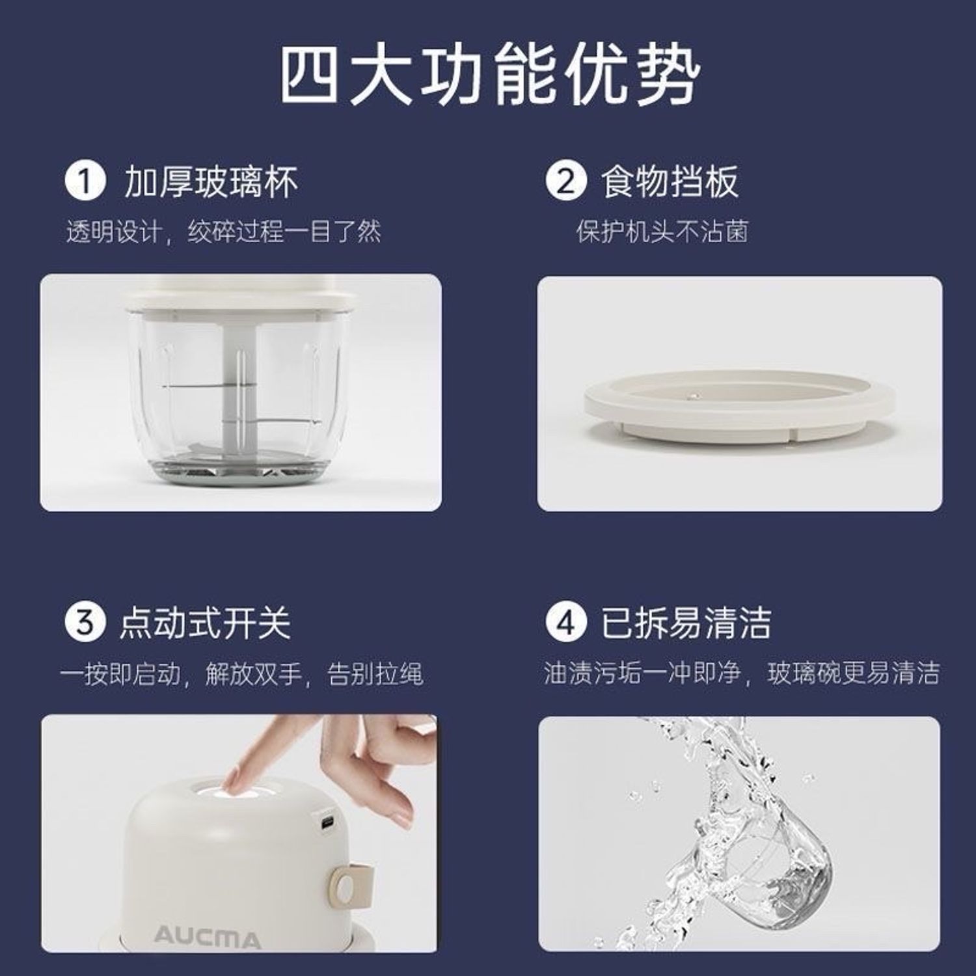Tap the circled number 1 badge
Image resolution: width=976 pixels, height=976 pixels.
[x=85, y=182]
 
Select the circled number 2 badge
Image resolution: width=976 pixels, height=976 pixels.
[x=565, y=182]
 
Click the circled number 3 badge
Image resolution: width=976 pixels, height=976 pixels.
[x=85, y=622]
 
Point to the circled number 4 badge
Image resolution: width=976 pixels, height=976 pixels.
[x=565, y=622]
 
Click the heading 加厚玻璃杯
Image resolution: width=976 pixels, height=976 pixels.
[x=211, y=182]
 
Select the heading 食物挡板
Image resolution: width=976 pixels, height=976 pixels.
[x=670, y=182]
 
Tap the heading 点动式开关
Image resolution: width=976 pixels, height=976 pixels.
[x=204, y=623]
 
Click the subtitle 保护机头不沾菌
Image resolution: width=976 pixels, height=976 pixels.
[x=662, y=231]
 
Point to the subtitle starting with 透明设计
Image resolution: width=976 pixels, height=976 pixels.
[x=223, y=231]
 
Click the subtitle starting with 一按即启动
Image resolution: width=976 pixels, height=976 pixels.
[x=241, y=673]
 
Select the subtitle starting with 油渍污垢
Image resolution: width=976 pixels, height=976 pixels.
[x=742, y=673]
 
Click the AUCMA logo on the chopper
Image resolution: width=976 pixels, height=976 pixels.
[x=207, y=937]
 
